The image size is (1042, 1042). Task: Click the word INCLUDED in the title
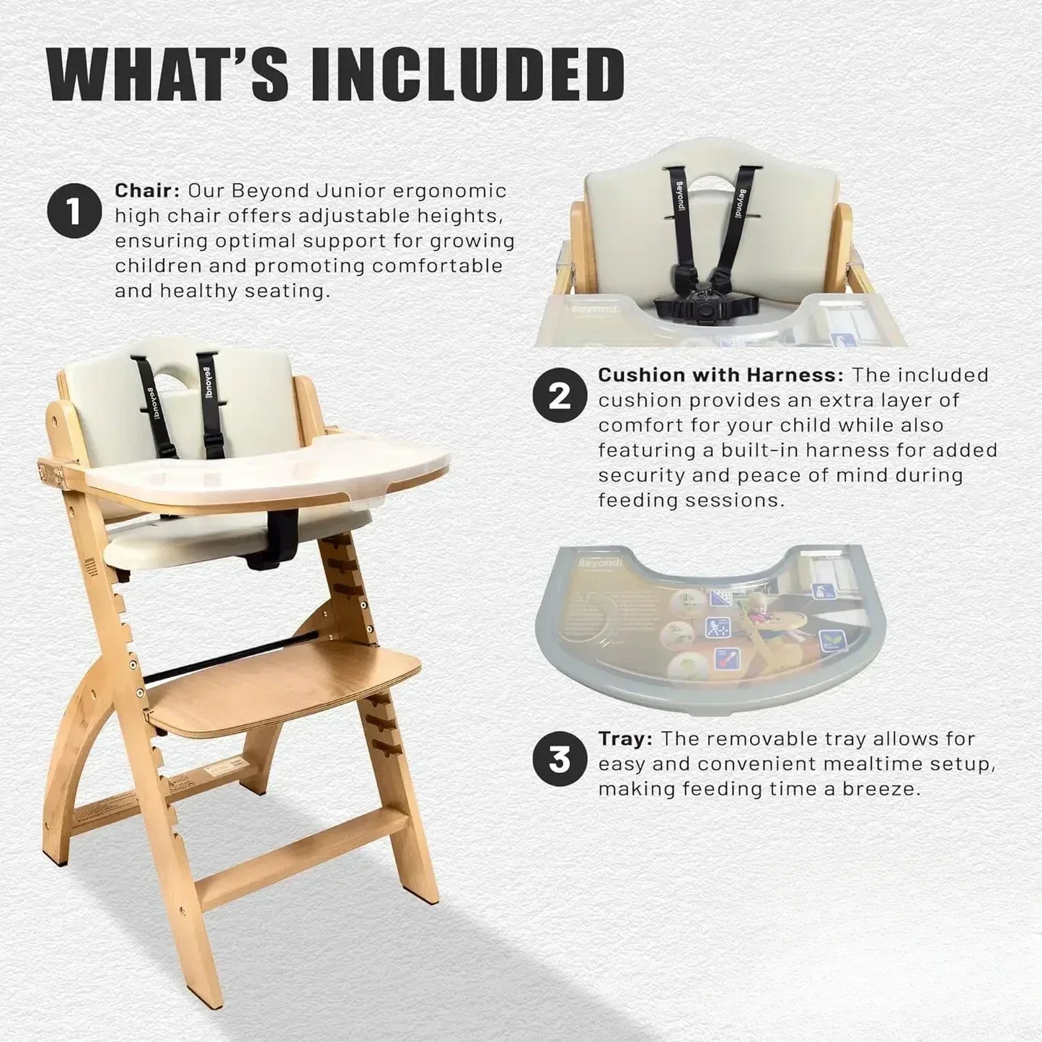pyautogui.click(x=467, y=74)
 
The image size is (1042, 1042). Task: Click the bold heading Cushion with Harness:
pyautogui.click(x=720, y=375)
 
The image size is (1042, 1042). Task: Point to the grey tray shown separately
pyautogui.click(x=710, y=627)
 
